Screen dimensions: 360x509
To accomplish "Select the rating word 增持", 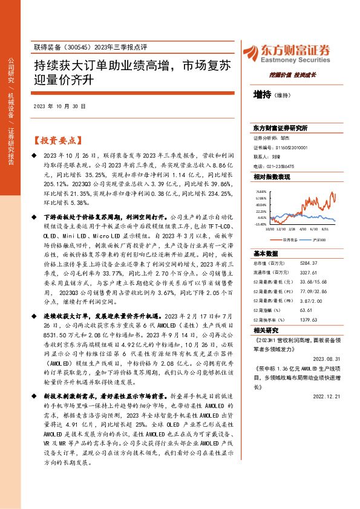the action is tap(262, 94).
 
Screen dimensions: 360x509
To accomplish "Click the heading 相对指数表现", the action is tap(272, 176).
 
